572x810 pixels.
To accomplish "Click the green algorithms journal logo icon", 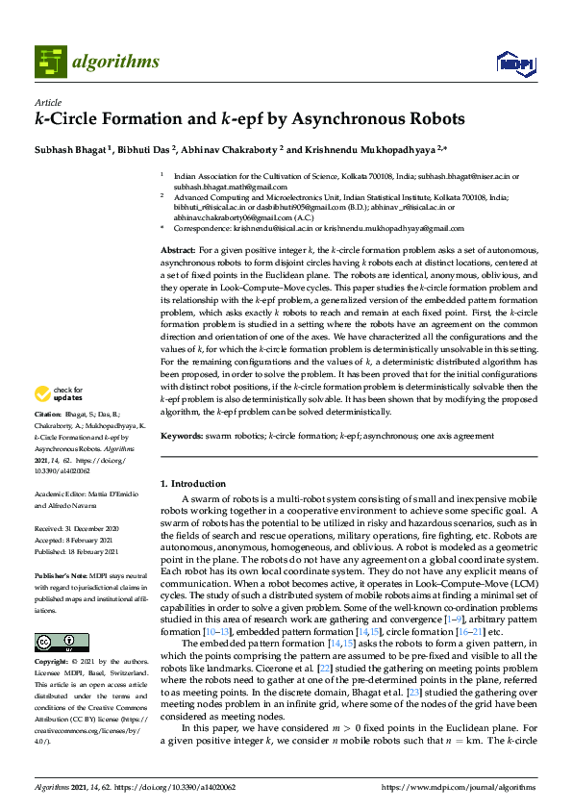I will tap(50, 61).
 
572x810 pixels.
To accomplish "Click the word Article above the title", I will tap(48, 102).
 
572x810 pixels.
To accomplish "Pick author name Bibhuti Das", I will tap(148, 149).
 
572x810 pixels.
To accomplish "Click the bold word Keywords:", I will tap(183, 436).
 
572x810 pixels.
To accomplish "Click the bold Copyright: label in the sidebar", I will tap(54, 663).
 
